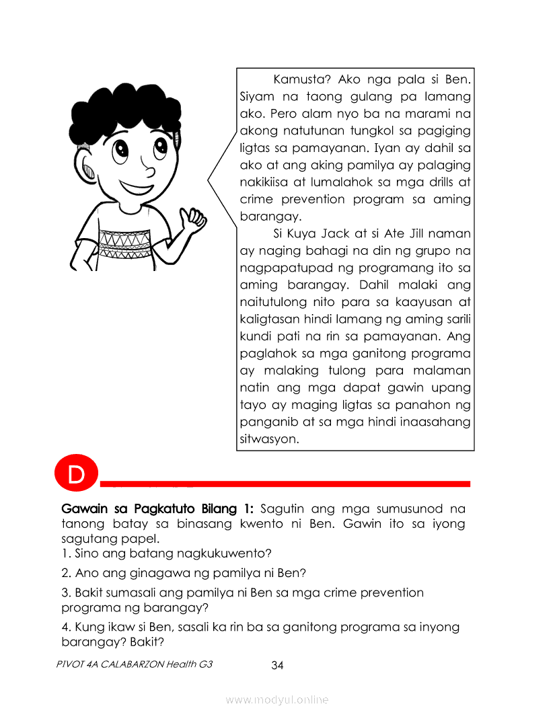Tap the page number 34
[277, 666]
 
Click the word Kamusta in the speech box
[300, 80]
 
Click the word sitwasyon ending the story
[269, 440]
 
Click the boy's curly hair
[124, 108]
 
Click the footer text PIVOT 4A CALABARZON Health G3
[135, 664]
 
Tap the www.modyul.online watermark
[277, 700]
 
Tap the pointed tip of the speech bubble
[208, 180]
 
